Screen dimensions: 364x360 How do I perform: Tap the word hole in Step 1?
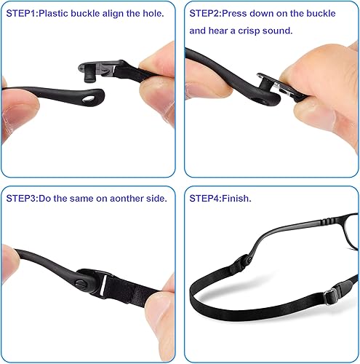(x=149, y=12)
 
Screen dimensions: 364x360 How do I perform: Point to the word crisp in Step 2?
(x=284, y=31)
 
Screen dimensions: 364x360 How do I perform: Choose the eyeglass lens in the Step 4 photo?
(x=320, y=237)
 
